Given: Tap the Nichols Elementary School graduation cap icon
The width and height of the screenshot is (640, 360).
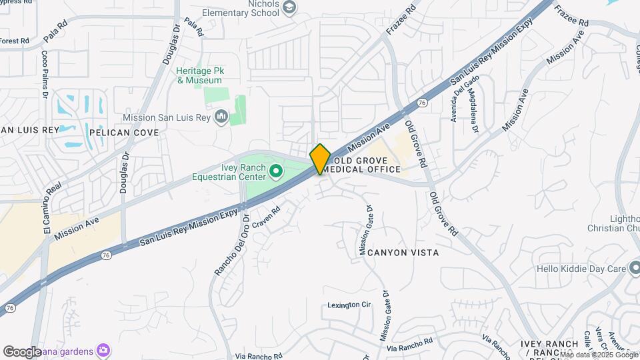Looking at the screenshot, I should tap(289, 7).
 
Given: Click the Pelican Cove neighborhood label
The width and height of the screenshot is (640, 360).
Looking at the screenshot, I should tap(124, 133).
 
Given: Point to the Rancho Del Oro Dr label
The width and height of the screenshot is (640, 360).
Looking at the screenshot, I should tap(231, 245).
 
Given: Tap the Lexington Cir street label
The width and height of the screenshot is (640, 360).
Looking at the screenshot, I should tap(349, 305).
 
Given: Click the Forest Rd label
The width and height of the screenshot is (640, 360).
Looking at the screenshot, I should tap(14, 41).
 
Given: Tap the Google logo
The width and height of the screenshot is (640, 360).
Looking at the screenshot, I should tap(23, 351).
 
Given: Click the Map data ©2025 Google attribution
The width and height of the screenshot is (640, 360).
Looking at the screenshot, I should tap(597, 355).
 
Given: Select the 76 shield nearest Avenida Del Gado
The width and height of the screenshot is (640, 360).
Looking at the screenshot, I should tap(422, 103).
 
